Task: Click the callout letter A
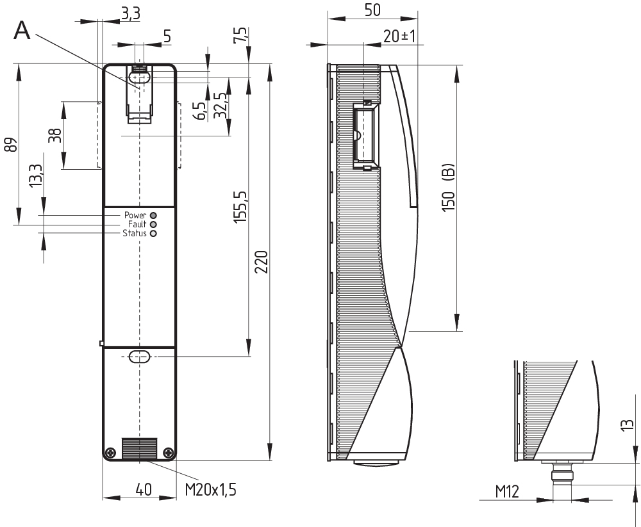pos(22,30)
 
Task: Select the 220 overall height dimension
pos(262,262)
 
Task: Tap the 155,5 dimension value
pos(240,207)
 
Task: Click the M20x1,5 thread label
pos(210,489)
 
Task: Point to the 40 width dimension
pos(144,489)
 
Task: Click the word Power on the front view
pos(135,215)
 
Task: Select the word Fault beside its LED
pos(137,224)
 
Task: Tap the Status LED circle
pos(153,234)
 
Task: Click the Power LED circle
pos(153,215)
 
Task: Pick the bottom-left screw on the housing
pos(110,452)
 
